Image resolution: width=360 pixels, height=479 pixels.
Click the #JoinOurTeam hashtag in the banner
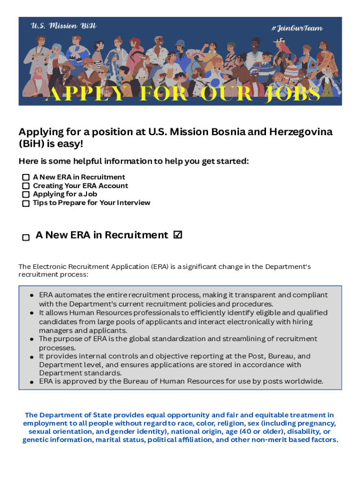click(297, 28)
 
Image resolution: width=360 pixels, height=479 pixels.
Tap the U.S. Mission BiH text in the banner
click(64, 26)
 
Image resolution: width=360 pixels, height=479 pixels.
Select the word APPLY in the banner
click(86, 94)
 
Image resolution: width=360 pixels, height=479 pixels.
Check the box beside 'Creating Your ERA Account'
click(26, 186)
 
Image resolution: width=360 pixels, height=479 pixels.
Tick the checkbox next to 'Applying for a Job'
click(26, 195)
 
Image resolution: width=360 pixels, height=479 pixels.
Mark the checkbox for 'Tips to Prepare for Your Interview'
click(26, 203)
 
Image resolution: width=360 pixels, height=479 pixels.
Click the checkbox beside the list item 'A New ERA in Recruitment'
click(26, 178)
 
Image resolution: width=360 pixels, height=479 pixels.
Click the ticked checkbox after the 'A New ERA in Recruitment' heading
click(178, 235)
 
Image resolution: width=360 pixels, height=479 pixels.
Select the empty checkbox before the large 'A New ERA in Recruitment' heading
click(26, 237)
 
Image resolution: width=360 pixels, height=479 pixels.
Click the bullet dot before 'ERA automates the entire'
click(31, 296)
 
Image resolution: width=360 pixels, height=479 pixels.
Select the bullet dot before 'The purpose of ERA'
click(31, 339)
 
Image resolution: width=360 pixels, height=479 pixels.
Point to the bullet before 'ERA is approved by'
click(31, 382)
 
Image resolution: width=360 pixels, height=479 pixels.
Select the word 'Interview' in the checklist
click(134, 203)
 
